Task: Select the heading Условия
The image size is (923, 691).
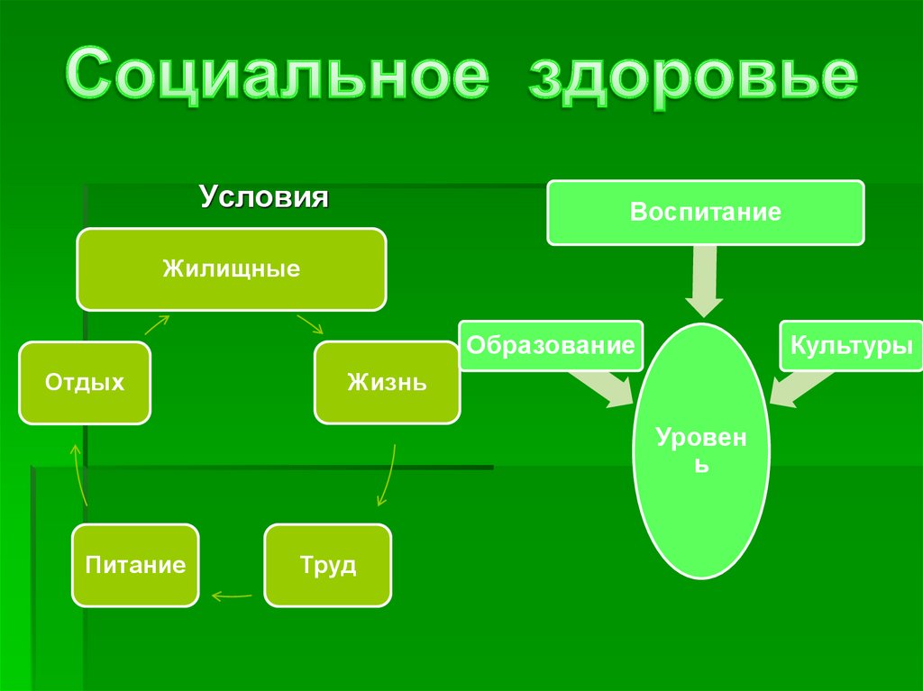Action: pyautogui.click(x=263, y=197)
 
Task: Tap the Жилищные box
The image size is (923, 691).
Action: pyautogui.click(x=232, y=268)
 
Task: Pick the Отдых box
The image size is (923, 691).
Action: pyautogui.click(x=85, y=383)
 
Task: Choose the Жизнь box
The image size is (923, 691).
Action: pyautogui.click(x=387, y=383)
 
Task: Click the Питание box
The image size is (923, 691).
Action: pyautogui.click(x=136, y=565)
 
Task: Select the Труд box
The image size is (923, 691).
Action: pyautogui.click(x=328, y=565)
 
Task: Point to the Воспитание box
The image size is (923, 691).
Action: pyautogui.click(x=706, y=213)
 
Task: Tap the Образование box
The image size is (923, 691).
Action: pyautogui.click(x=551, y=345)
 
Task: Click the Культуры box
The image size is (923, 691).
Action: pyautogui.click(x=852, y=345)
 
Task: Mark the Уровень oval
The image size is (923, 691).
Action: pyautogui.click(x=701, y=450)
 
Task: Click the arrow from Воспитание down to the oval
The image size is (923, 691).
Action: pyautogui.click(x=704, y=281)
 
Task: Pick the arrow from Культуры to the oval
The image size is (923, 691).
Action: pyautogui.click(x=799, y=387)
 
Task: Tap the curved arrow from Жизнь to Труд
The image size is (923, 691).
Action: pyautogui.click(x=387, y=475)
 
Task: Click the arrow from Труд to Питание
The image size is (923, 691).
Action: pyautogui.click(x=231, y=594)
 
